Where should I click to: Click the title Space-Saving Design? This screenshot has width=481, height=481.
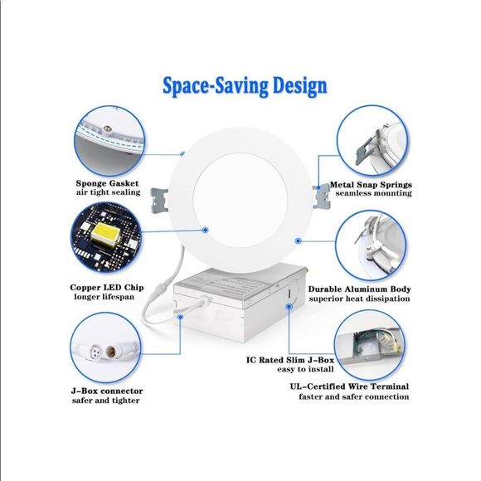coord(245,86)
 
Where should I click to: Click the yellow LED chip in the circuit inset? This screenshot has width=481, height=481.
coord(104,234)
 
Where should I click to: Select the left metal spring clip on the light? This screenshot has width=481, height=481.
coord(159,201)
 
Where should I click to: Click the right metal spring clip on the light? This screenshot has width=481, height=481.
coord(321,197)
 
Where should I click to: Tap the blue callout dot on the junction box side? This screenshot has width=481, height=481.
coord(289,307)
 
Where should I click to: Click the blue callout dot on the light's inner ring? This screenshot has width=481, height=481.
coord(206,230)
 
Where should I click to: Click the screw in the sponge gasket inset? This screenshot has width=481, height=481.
coord(107,129)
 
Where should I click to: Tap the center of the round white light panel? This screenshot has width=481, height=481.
coord(240,200)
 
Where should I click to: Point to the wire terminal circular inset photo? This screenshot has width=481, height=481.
coord(369,346)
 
